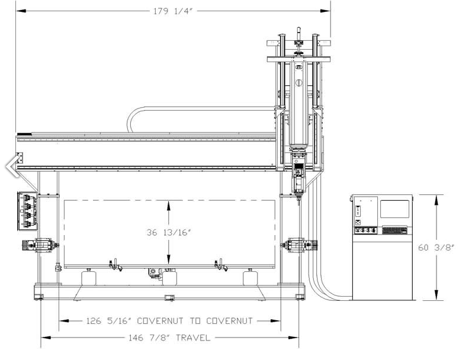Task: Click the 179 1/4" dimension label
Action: tap(173, 11)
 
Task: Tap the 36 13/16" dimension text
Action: tap(169, 232)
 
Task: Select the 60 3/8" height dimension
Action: tap(436, 247)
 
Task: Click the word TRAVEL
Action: tap(193, 337)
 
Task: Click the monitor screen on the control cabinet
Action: tap(394, 209)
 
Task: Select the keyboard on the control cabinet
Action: tap(394, 230)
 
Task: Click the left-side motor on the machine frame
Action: tap(40, 245)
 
